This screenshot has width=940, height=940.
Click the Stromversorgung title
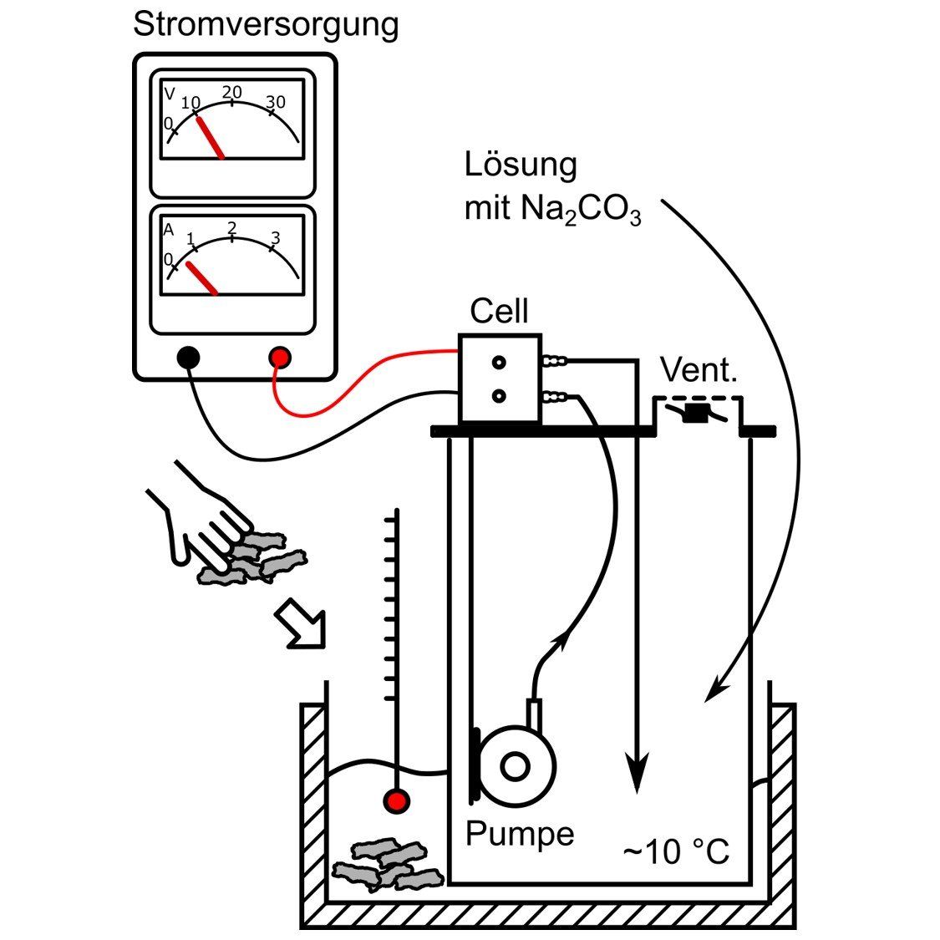[x=266, y=25]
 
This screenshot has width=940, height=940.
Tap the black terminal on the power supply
[x=189, y=358]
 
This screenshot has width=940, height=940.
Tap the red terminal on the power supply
[x=280, y=358]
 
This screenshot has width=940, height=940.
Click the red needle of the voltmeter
[x=210, y=137]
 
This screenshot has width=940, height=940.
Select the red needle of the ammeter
[x=201, y=278]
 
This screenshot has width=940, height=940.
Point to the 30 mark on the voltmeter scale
[x=275, y=103]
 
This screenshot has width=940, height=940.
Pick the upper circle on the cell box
[x=499, y=363]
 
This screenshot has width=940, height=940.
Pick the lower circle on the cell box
[x=499, y=396]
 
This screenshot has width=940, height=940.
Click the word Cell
[x=499, y=311]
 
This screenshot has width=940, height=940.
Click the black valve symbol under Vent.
[x=695, y=413]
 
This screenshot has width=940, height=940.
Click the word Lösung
[x=520, y=165]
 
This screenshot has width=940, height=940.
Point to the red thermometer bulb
[x=397, y=801]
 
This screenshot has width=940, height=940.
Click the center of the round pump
[x=516, y=765]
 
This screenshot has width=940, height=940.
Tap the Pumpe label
[x=520, y=833]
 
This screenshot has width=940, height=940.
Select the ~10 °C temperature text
[x=676, y=853]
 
